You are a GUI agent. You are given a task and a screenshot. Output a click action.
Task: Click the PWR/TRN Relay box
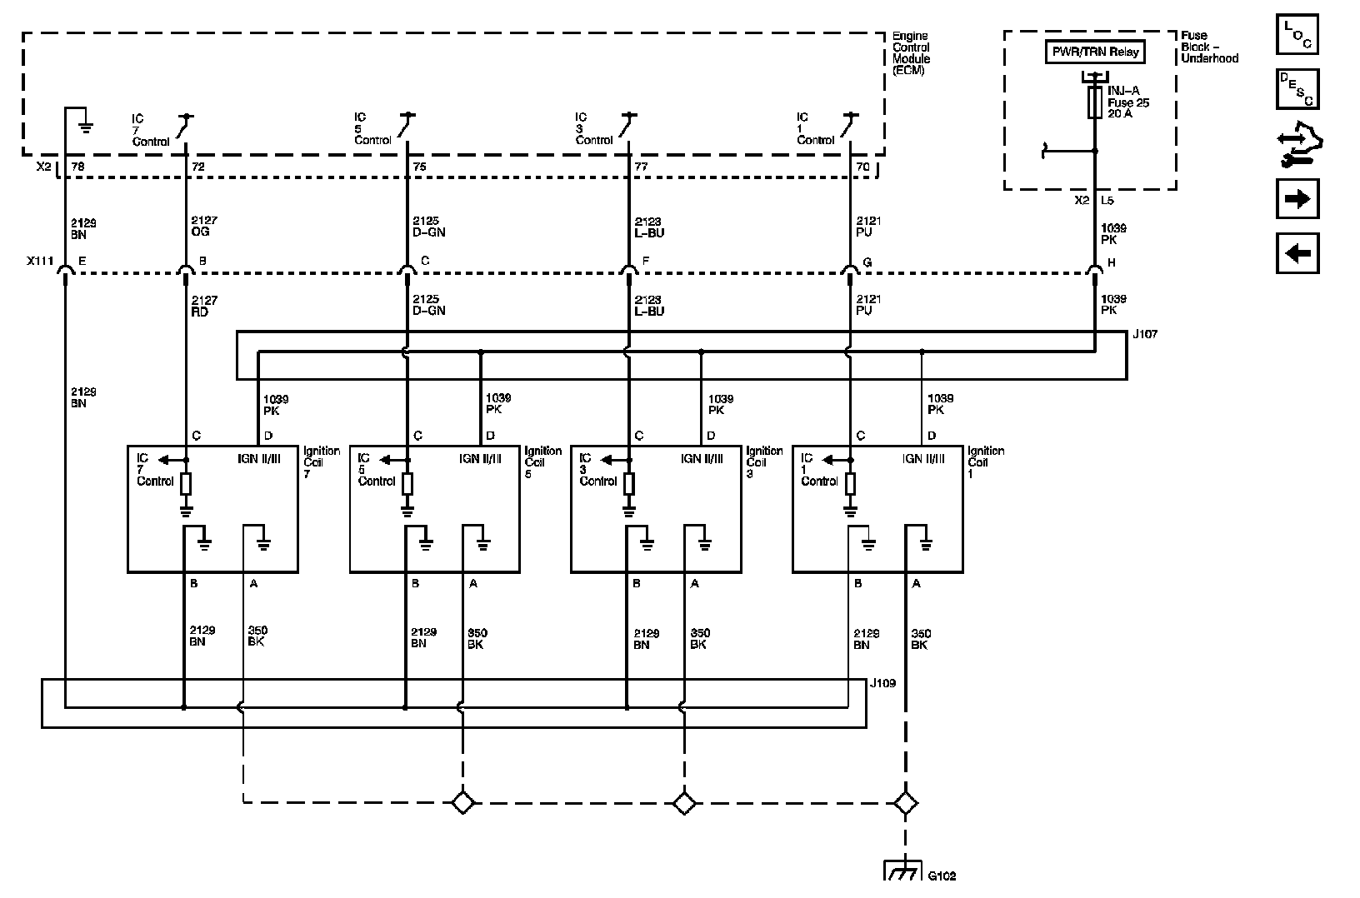1095,52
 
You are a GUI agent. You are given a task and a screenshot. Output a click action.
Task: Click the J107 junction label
1144,334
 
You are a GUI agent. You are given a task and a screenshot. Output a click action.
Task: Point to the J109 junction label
882,683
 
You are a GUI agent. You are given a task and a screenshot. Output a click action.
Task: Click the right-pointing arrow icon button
1297,200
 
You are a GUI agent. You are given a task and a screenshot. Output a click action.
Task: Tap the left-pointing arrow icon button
1297,253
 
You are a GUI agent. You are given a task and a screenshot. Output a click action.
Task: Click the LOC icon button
1297,34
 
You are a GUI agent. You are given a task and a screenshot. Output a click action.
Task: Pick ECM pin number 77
641,167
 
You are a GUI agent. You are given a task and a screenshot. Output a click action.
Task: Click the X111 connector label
39,262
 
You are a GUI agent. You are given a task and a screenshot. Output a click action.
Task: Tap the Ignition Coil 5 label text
542,461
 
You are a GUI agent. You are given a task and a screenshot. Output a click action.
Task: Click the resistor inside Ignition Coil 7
186,484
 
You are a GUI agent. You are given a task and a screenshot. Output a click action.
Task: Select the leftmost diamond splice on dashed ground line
462,803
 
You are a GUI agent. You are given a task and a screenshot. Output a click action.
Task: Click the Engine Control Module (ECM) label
911,53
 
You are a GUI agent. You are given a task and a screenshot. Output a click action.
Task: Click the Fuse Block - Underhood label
1209,47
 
